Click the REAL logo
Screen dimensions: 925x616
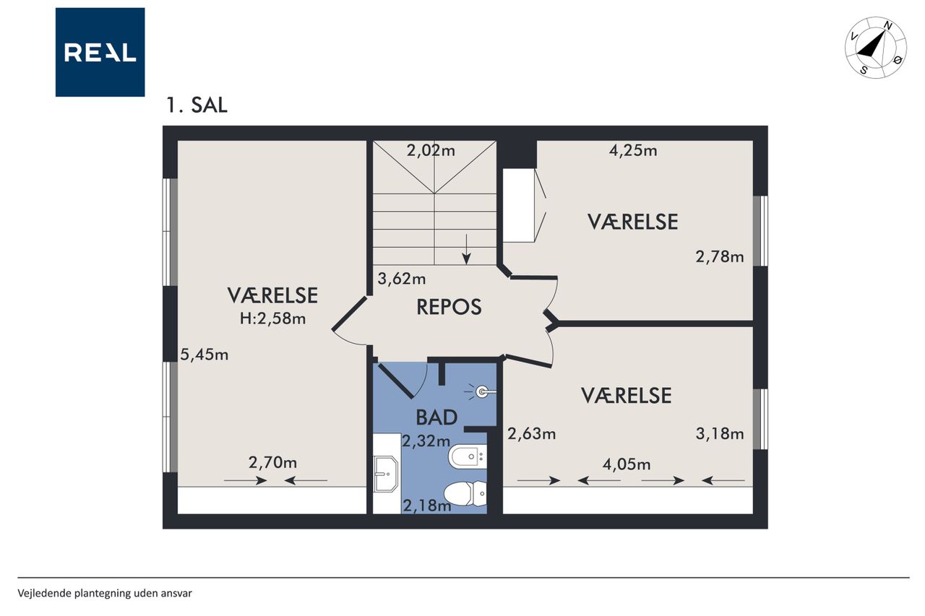click(100, 52)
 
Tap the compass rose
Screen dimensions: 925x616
click(875, 48)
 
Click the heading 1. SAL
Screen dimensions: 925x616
click(197, 105)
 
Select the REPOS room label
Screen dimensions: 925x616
click(449, 307)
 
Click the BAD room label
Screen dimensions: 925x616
click(436, 417)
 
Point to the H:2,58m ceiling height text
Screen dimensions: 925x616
click(272, 318)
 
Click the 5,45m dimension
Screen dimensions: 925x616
click(205, 355)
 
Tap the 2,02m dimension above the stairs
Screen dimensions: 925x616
click(431, 150)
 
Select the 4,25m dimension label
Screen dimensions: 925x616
click(633, 150)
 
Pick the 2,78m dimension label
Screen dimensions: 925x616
click(720, 256)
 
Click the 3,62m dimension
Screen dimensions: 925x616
click(402, 279)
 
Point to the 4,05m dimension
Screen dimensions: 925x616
click(627, 464)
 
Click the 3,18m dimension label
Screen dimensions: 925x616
click(720, 433)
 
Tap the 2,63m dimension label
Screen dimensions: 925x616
click(531, 433)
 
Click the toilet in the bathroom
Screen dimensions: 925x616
click(465, 494)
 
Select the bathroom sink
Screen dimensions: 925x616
click(386, 474)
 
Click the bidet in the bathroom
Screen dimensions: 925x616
click(468, 456)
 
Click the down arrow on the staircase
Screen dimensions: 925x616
click(466, 249)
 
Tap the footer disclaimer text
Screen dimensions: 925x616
click(105, 594)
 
